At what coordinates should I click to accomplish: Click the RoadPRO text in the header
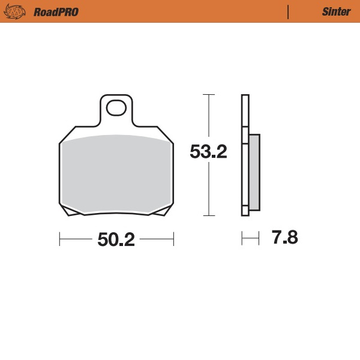56,11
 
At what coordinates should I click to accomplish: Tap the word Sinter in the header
332,11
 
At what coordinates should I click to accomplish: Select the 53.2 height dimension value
208,152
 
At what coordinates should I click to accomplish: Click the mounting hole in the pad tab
116,108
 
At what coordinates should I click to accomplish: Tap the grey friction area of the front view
116,174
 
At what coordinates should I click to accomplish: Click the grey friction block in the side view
254,172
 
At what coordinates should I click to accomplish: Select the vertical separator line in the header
289,11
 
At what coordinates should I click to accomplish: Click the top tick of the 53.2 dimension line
208,95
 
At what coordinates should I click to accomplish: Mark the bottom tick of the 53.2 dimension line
208,215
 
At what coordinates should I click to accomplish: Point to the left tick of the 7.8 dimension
242,239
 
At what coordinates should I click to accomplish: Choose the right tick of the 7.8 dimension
259,239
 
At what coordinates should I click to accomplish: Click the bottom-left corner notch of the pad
70,211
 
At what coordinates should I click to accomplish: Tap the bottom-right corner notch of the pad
162,211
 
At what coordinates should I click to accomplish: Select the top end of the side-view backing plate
245,96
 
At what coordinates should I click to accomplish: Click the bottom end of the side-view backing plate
245,214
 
